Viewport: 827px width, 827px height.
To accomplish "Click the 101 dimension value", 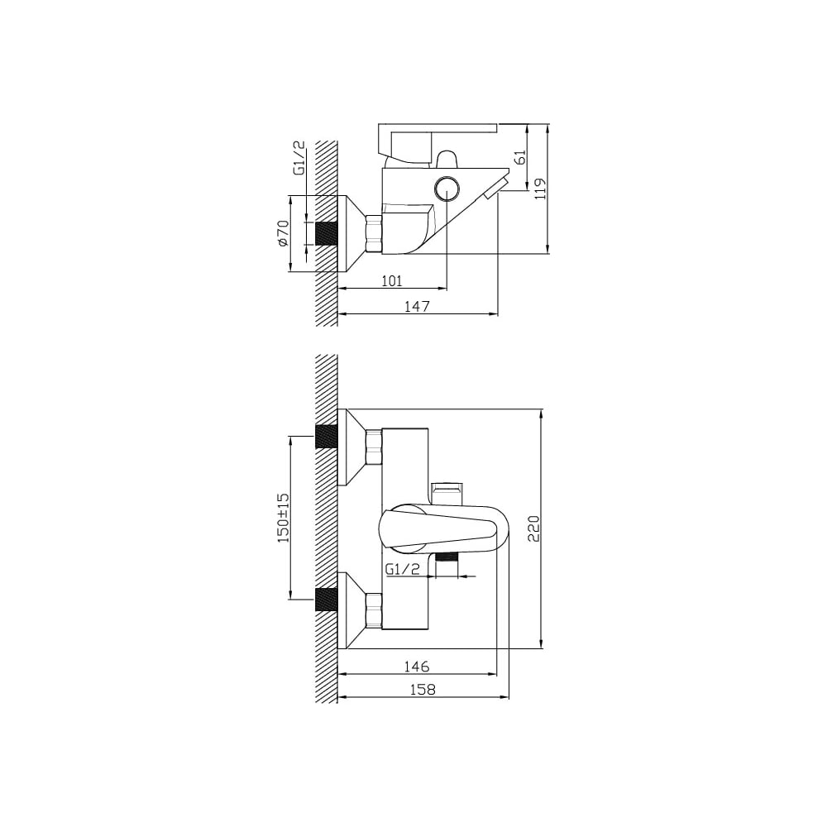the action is (x=391, y=280).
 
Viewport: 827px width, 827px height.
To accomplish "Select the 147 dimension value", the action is (x=417, y=306).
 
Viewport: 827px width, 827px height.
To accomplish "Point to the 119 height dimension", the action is (x=541, y=189).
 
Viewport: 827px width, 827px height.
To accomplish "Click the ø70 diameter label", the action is (x=283, y=233).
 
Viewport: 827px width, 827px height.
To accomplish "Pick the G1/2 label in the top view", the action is (x=299, y=158).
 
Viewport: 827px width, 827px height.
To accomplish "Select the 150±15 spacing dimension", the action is (x=283, y=518).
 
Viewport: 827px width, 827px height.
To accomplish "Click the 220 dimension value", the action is (x=533, y=528).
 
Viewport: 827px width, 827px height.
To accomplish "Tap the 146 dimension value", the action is (x=417, y=667).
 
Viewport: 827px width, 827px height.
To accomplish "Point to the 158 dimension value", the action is (x=423, y=690).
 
